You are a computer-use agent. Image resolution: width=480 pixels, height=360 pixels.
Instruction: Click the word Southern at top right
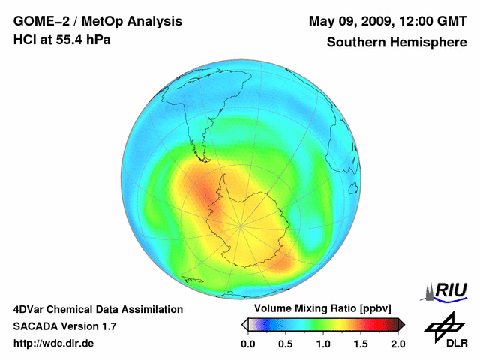coord(354,43)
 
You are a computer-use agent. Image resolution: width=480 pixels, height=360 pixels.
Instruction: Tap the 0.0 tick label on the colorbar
coord(248,343)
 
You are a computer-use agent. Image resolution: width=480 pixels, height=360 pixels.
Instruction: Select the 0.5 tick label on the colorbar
coord(286,343)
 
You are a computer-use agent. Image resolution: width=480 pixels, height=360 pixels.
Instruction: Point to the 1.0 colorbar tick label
coord(323,343)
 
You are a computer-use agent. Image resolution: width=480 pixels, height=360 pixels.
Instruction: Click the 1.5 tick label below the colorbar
coord(361,343)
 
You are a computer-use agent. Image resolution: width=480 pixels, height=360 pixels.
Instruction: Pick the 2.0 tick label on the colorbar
coord(397,343)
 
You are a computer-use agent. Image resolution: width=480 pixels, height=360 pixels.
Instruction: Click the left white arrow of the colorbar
coord(244,324)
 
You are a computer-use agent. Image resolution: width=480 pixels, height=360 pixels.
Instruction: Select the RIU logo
coord(448,291)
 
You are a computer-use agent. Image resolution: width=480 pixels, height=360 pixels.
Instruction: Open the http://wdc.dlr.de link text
coord(54,343)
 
